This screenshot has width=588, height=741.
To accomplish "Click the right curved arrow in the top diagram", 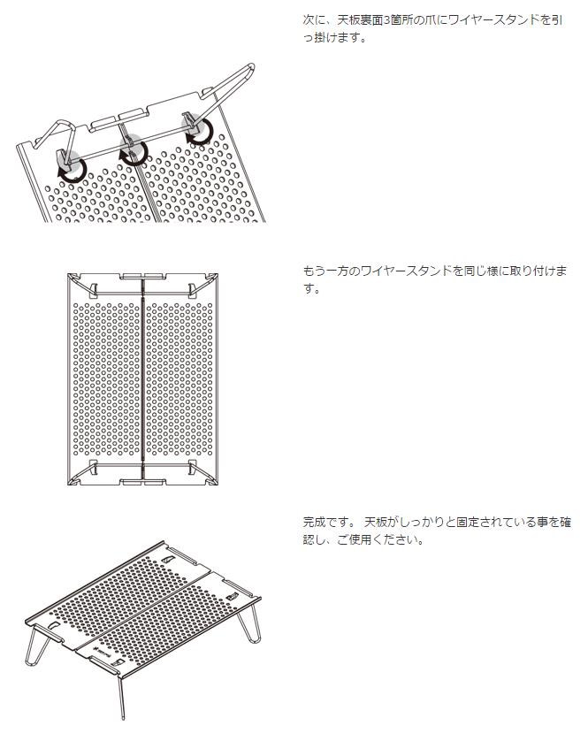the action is (201, 134).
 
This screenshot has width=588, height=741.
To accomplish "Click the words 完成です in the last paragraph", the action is (327, 522).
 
